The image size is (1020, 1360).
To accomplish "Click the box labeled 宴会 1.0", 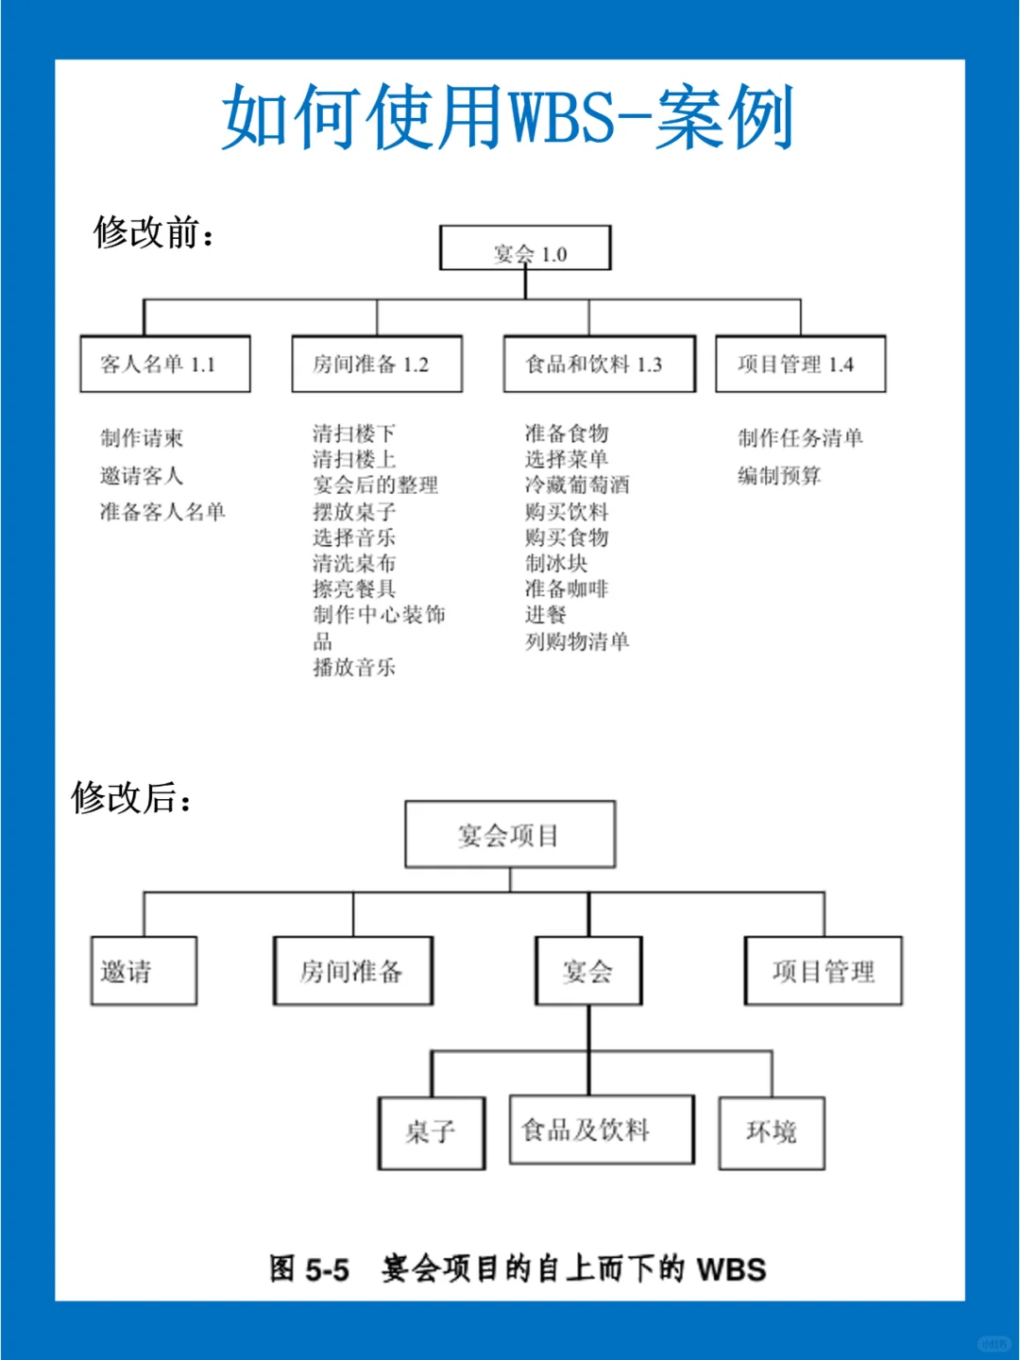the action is (x=525, y=247).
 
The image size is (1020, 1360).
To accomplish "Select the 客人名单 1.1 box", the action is (x=165, y=364).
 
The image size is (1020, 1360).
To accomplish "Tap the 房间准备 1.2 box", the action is (x=377, y=364).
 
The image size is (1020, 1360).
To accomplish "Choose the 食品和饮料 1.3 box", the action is (x=600, y=364).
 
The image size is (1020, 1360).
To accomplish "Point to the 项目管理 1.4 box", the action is (x=801, y=364).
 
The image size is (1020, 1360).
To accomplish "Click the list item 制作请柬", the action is (x=142, y=438).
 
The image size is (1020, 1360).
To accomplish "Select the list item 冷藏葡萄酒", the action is (x=577, y=484).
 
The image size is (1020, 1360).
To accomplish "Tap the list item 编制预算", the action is (x=780, y=476).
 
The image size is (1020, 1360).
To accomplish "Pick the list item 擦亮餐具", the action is (x=354, y=588).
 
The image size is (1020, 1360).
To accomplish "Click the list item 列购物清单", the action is (x=577, y=641).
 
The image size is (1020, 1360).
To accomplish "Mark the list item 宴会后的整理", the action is (x=375, y=484).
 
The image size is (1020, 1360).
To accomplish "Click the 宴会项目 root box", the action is (x=510, y=834).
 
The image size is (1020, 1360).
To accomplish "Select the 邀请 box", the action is (x=144, y=970).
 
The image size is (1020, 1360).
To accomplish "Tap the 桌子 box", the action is (x=432, y=1133).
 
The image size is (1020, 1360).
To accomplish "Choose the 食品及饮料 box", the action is (x=602, y=1130).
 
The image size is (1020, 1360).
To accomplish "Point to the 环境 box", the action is (x=773, y=1133).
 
